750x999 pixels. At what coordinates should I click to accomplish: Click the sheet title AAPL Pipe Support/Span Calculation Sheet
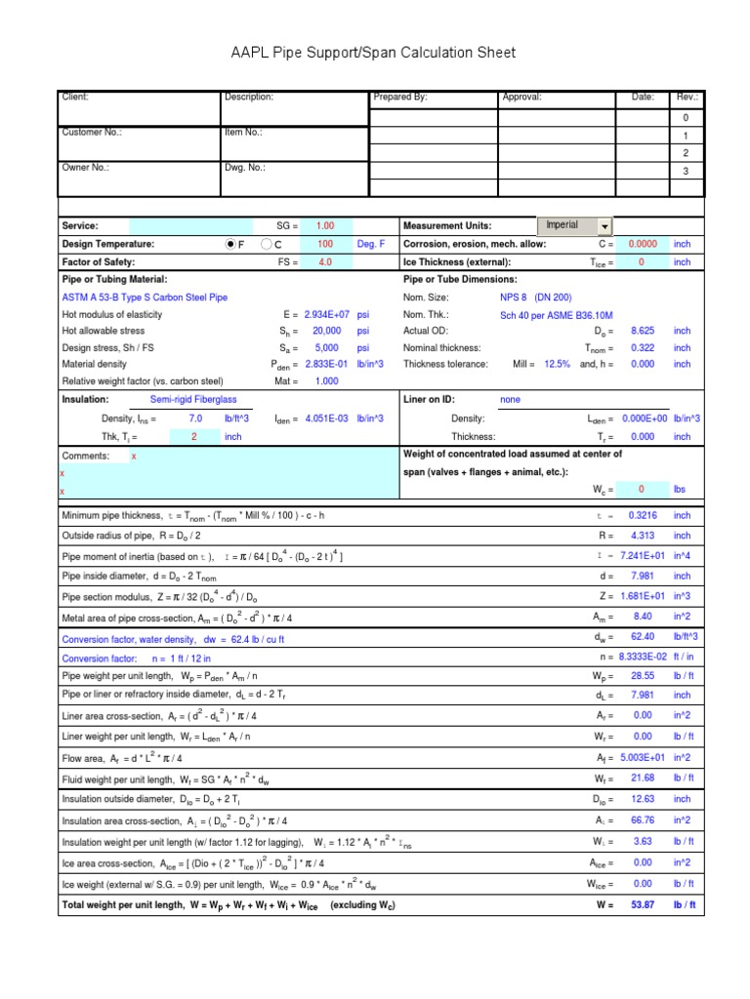[x=374, y=53]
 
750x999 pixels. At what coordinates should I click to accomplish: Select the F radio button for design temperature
[x=230, y=244]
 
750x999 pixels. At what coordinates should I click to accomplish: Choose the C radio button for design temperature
[x=266, y=244]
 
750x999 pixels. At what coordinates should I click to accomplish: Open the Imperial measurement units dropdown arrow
[x=604, y=225]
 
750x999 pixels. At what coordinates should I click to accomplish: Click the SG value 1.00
[x=324, y=225]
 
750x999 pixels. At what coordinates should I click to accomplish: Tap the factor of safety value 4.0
[x=324, y=262]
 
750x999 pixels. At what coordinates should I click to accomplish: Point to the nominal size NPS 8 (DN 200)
[x=536, y=298]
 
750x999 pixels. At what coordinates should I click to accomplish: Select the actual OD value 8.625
[x=642, y=332]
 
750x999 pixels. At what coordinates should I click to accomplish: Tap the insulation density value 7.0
[x=194, y=419]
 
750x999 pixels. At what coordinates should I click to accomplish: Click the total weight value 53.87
[x=642, y=904]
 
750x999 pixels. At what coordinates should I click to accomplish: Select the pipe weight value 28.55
[x=642, y=675]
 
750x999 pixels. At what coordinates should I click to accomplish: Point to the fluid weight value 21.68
[x=642, y=778]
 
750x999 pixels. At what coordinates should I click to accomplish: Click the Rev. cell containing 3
[x=686, y=171]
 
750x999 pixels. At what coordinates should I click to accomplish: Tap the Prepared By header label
[x=400, y=98]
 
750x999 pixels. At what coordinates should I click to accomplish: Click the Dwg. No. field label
[x=244, y=167]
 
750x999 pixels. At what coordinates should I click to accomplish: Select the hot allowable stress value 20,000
[x=325, y=332]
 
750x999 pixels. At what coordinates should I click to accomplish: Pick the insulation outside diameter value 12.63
[x=642, y=799]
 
